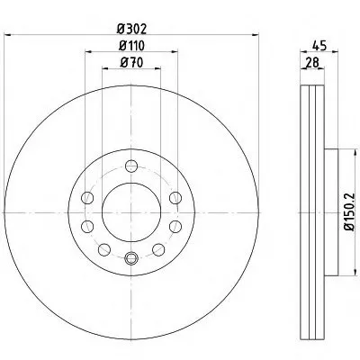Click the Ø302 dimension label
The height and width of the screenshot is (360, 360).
coord(131,29)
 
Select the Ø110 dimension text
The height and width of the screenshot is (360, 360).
coord(131,46)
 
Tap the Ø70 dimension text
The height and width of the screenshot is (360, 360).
coord(131,62)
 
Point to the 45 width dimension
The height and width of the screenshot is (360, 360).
coord(319,46)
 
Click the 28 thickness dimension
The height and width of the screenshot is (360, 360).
coord(312,63)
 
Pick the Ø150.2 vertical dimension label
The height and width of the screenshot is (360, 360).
coord(349,212)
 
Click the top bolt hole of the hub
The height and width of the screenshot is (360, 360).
coord(131,166)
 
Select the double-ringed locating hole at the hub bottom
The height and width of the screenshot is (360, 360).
coord(130,258)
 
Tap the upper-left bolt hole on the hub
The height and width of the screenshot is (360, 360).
coord(87,198)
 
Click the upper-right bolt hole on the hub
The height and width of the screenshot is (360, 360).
coord(175,198)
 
